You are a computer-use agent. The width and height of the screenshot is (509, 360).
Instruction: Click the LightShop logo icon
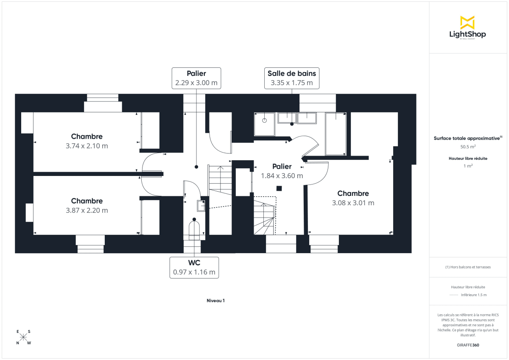(x=467, y=22)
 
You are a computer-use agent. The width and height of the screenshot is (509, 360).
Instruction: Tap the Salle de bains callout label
(x=292, y=78)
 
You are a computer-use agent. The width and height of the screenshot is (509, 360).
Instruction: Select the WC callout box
(x=194, y=267)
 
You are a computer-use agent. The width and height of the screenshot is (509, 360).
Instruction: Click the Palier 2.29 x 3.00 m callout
(x=196, y=78)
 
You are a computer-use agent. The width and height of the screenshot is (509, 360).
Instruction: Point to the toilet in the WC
(x=194, y=229)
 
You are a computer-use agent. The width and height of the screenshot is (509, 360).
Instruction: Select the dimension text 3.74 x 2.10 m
(x=87, y=146)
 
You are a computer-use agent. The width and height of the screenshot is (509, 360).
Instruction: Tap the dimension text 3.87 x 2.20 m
(x=87, y=210)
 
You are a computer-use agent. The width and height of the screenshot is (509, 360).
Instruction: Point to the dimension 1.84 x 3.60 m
(x=282, y=176)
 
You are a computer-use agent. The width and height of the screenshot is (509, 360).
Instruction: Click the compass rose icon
(x=23, y=338)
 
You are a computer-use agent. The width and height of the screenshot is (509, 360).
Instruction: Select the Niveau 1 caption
(x=215, y=301)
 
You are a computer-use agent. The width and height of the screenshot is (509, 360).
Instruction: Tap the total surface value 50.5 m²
(x=468, y=147)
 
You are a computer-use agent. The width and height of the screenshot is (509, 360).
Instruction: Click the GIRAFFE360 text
(x=468, y=345)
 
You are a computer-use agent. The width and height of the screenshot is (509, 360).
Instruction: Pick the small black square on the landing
(x=279, y=188)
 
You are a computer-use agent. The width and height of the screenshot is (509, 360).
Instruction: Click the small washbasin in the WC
(x=201, y=206)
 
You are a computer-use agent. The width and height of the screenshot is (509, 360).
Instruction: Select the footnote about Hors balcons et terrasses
(x=468, y=267)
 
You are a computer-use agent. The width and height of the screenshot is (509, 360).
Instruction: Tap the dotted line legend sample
(x=454, y=295)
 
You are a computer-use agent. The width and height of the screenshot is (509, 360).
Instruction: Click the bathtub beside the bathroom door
(x=336, y=134)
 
